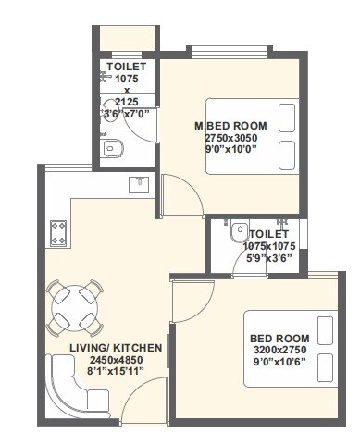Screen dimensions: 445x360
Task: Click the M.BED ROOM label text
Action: coord(230,126)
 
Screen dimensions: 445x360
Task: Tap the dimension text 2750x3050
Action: coord(230,137)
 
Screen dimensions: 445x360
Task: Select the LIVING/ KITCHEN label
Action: coord(116,348)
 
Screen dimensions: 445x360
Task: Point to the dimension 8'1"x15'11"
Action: coord(116,370)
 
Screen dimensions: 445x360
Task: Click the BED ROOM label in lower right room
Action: coord(280,339)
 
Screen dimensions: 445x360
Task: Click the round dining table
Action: coord(75,308)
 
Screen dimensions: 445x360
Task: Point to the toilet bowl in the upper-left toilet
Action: coord(111,147)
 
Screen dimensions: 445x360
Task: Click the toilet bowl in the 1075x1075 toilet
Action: coord(238,230)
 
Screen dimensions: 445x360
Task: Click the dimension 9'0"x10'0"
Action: coord(230,148)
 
